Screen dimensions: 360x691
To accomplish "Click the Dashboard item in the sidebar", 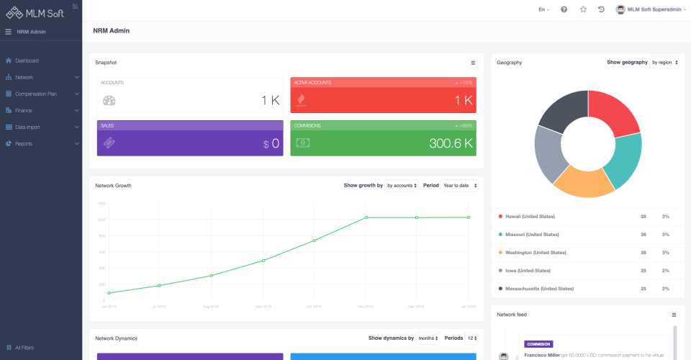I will point(27,60).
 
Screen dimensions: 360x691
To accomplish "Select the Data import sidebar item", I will point(29,127).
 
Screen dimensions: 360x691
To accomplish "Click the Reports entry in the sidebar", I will point(24,143).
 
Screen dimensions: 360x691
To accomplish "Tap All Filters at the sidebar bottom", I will point(24,348).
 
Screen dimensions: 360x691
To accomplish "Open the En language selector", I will point(543,9).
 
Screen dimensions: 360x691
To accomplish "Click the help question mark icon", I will point(564,9).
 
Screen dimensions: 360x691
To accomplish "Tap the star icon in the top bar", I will point(583,9).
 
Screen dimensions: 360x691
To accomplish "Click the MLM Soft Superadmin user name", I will point(654,9).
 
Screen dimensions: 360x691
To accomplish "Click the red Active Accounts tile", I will point(383,96).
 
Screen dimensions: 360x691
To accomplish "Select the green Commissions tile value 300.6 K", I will point(450,143).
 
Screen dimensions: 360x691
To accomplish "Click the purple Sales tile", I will point(190,138).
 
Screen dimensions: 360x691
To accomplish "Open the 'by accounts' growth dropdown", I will point(402,185).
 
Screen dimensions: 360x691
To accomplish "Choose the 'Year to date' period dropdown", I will point(459,185).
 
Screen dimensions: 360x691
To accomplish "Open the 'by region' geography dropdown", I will point(664,63).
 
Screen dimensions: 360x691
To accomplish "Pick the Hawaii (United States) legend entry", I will point(529,216).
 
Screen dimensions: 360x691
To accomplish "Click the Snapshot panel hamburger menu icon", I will point(473,63).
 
